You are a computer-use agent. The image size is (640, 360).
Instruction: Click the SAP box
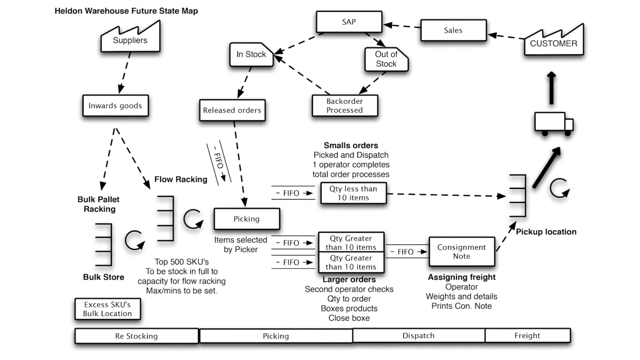click(349, 22)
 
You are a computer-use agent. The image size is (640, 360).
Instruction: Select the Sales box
click(453, 30)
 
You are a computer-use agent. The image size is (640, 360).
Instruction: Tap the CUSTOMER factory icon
click(553, 42)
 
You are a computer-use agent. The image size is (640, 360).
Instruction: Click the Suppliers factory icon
click(130, 39)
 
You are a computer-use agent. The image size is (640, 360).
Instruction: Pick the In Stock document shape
click(251, 55)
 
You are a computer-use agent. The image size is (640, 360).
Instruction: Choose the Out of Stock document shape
click(386, 59)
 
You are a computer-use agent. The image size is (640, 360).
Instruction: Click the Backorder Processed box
click(345, 106)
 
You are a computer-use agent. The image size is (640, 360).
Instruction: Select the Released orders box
click(232, 110)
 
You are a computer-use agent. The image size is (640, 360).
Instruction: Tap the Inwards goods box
click(115, 106)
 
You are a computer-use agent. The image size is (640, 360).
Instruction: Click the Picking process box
click(247, 219)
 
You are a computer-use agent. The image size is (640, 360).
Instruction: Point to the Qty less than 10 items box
click(353, 193)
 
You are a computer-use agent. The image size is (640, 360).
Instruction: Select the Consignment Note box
click(462, 252)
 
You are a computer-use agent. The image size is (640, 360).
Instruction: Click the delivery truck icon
click(553, 124)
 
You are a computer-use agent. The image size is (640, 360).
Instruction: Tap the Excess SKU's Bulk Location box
click(107, 309)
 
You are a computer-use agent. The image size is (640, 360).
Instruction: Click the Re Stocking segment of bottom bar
click(137, 336)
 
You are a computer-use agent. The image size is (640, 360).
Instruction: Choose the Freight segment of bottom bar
click(527, 336)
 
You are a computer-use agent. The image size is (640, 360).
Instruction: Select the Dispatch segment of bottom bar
click(418, 336)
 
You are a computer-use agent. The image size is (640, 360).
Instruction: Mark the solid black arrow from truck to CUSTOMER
click(552, 88)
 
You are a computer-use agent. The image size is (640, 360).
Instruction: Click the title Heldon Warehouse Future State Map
click(126, 11)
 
